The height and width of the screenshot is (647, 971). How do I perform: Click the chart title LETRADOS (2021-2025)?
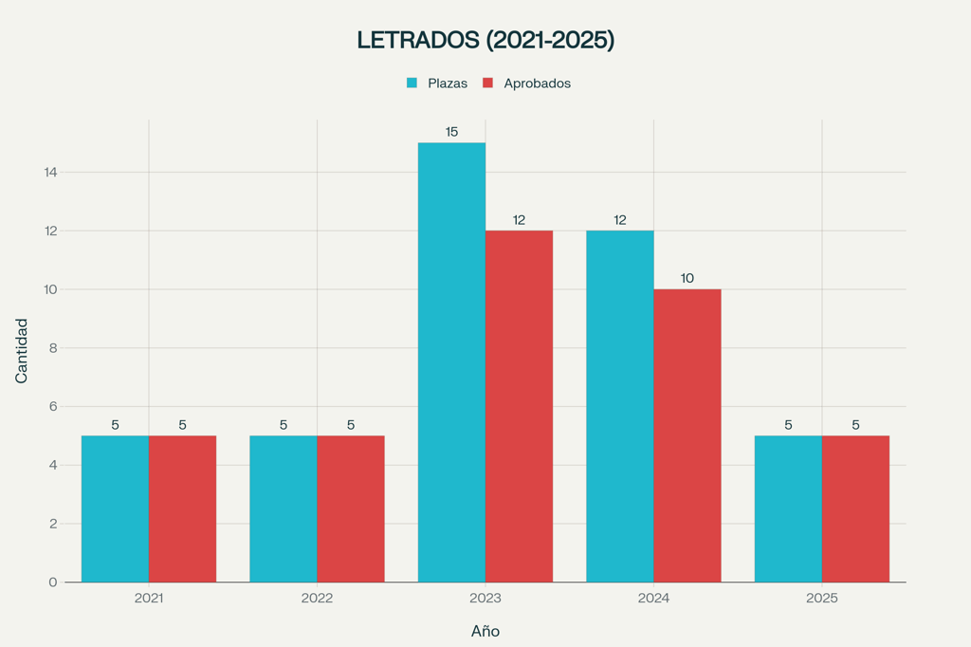pos(485,40)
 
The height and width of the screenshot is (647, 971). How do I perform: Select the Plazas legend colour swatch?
pos(412,83)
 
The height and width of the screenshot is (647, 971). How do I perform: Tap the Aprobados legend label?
pos(537,83)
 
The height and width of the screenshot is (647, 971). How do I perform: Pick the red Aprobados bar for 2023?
pos(519,406)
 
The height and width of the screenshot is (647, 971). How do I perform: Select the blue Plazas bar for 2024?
pos(619,406)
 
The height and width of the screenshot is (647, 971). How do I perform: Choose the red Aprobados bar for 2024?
pos(687,435)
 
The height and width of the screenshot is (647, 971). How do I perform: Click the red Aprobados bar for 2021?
pos(182,508)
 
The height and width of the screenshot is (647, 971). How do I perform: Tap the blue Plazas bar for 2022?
pos(284,508)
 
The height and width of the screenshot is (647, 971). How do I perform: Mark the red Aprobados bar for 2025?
pos(855,508)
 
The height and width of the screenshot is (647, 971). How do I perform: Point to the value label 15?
pos(451,132)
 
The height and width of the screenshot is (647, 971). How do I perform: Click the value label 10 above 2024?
pos(687,278)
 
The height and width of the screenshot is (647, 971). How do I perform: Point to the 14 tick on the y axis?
pos(49,173)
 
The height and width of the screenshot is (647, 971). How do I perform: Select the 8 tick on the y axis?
pos(53,348)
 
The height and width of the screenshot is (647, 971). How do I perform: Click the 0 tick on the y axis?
pos(53,582)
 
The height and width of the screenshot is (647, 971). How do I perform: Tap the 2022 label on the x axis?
pos(317,599)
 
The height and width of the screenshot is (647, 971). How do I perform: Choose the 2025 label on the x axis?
pos(822,599)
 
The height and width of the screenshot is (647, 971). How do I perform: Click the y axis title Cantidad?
pos(22,351)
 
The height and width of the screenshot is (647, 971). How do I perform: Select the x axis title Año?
pos(485,631)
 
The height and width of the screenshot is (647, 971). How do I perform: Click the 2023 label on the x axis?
pos(485,599)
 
